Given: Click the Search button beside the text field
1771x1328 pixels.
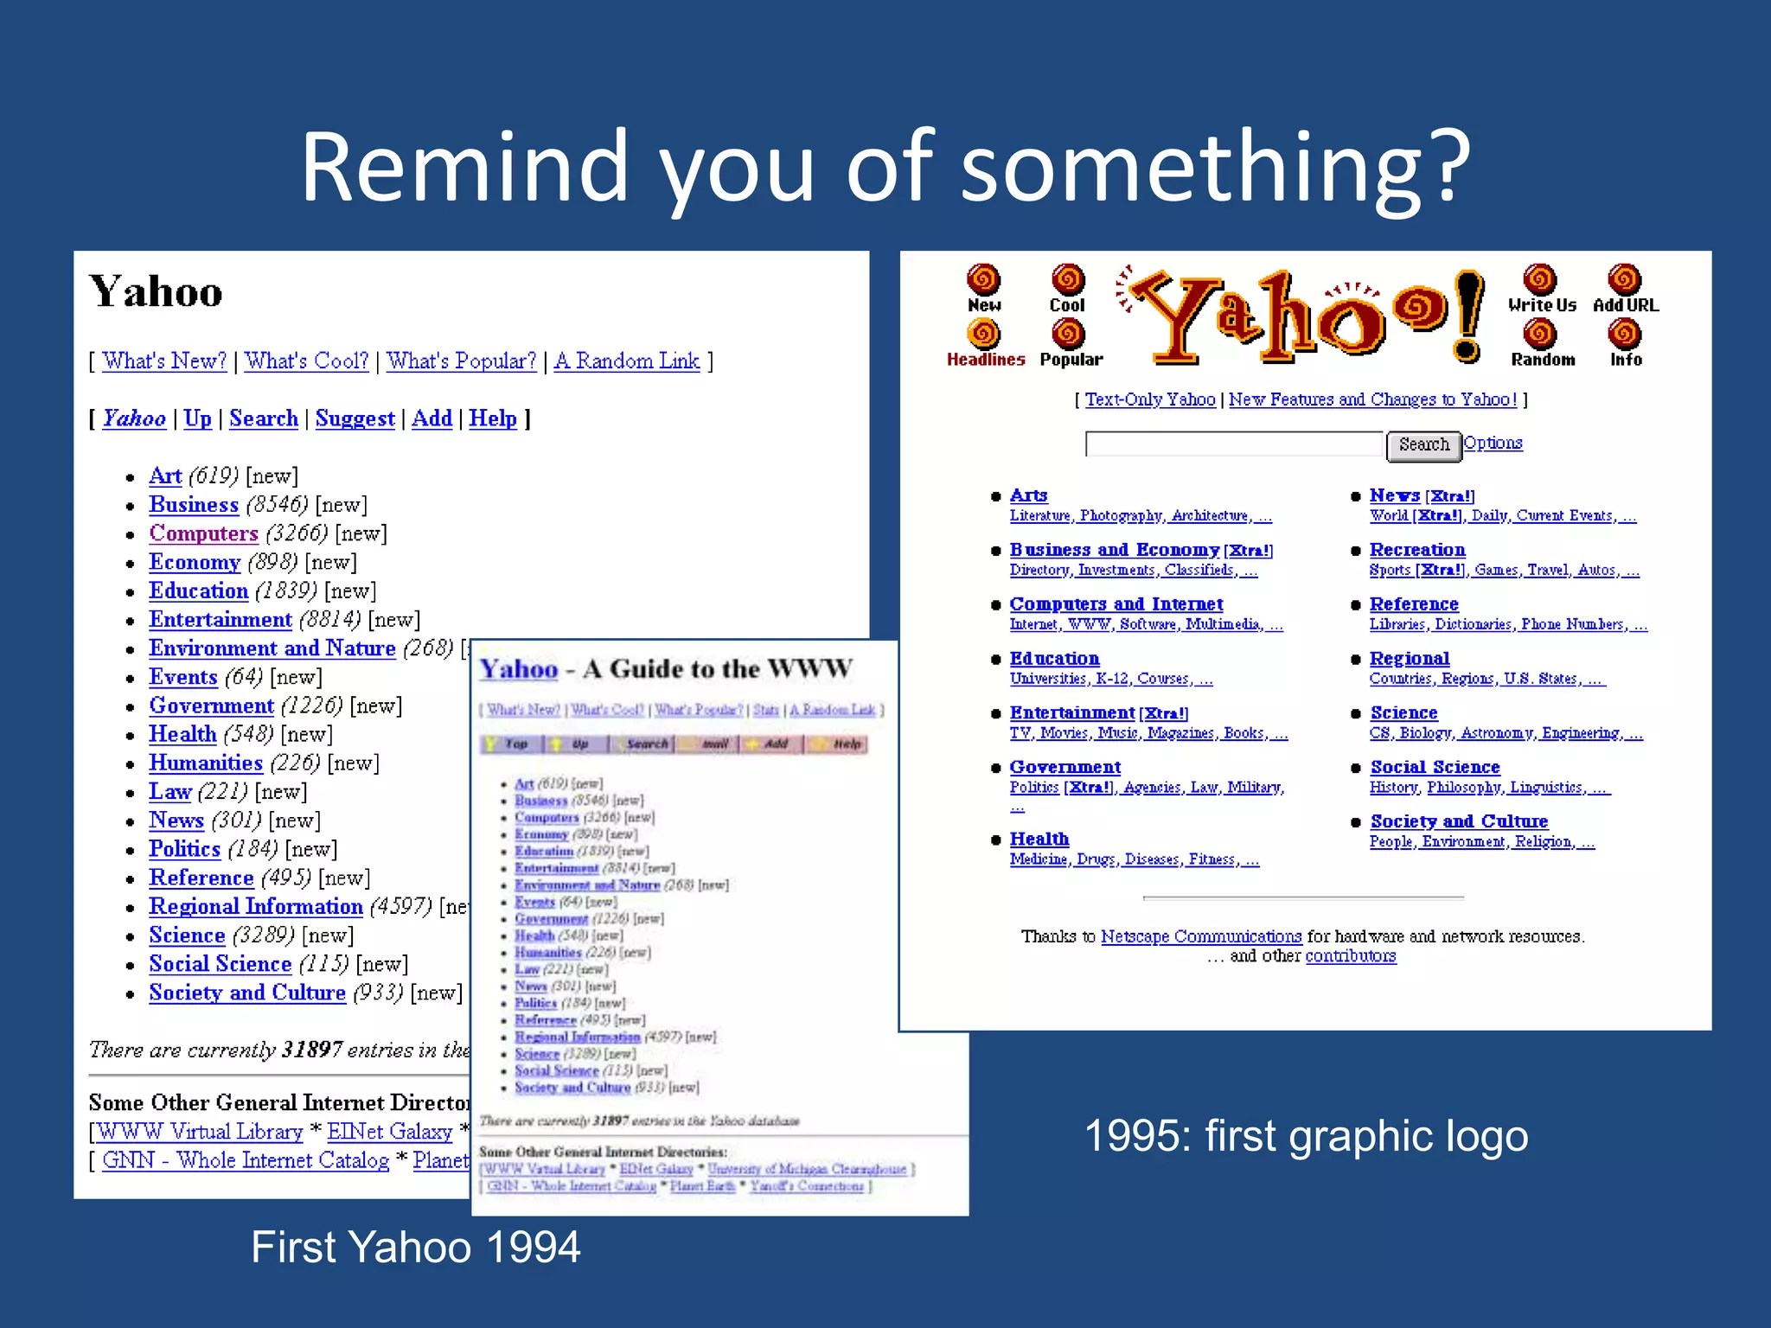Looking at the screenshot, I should [1423, 444].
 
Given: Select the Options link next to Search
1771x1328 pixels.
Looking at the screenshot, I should [1493, 443].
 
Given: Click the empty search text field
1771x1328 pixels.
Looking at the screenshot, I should [1234, 444].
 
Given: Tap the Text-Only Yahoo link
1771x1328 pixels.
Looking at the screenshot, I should [1150, 399].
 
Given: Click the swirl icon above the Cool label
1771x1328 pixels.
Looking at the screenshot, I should [1068, 280].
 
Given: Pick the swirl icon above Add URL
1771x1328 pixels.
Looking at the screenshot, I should [1625, 280].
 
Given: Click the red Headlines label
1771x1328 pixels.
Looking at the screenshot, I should [986, 360].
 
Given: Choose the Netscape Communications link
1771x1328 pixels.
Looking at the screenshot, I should [1201, 936].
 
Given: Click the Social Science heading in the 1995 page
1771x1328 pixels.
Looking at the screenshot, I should [1435, 767].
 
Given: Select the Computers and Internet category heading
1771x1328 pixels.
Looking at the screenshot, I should [1116, 604].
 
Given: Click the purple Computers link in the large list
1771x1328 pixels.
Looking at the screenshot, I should [203, 533].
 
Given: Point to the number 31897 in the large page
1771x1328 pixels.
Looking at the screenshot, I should [312, 1050].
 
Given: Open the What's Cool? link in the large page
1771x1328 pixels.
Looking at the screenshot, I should [306, 361].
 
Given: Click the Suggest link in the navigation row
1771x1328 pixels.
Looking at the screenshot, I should [355, 418].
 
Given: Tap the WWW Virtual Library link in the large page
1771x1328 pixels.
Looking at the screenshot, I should [200, 1132].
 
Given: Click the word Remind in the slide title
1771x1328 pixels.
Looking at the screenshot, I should [464, 166].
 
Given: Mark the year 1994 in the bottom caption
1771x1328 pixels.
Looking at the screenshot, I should [533, 1248].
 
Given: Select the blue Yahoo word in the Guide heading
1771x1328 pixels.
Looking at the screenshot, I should [519, 669].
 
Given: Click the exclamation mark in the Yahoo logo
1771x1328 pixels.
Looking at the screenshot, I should [1467, 316].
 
